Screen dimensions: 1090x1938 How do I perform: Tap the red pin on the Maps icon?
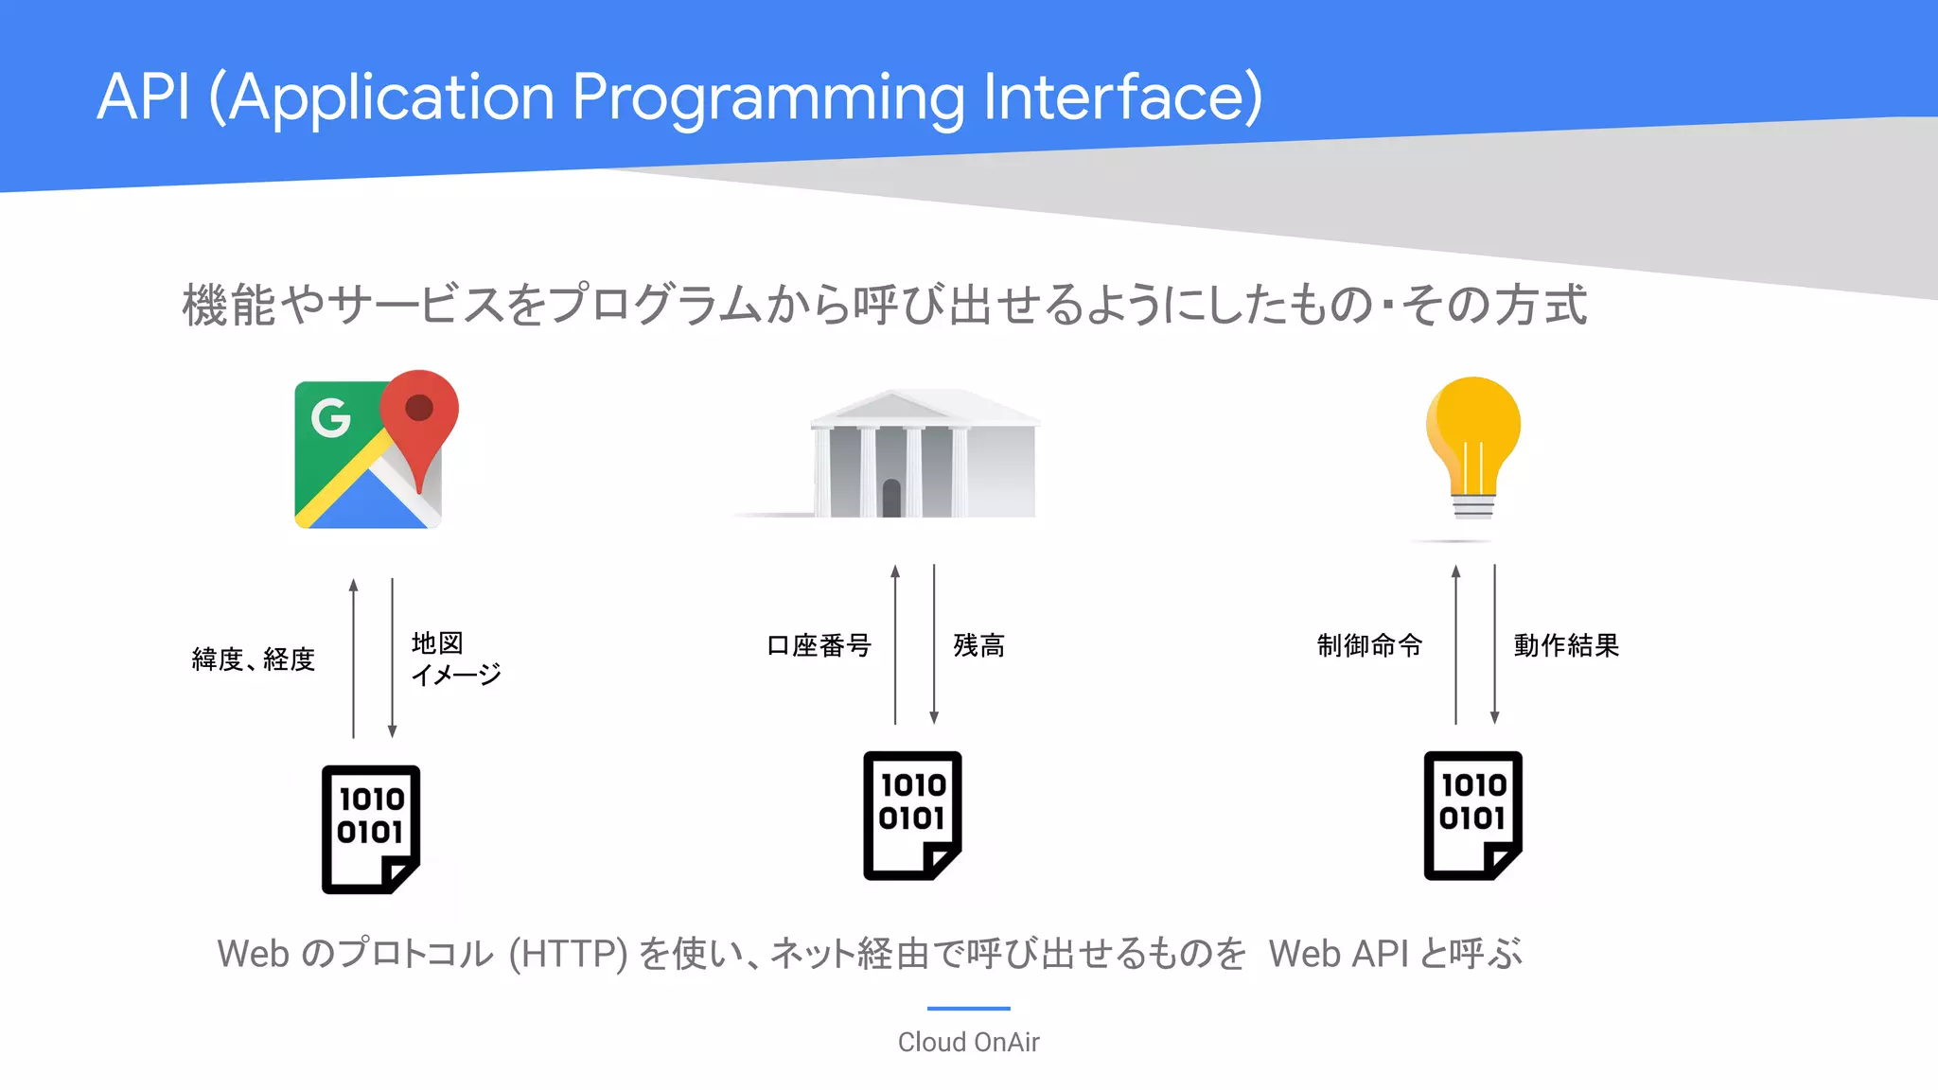click(x=419, y=416)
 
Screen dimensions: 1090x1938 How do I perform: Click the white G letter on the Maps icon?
click(x=330, y=417)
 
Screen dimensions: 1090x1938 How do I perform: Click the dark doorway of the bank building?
click(x=891, y=498)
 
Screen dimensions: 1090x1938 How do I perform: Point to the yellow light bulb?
click(x=1473, y=445)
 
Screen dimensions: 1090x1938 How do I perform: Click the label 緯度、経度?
click(x=253, y=659)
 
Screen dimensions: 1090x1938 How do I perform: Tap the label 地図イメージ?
click(x=455, y=659)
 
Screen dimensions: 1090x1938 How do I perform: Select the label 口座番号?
click(x=819, y=645)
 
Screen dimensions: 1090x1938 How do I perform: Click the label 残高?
click(x=978, y=645)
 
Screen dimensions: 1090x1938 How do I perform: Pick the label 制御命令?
click(x=1369, y=645)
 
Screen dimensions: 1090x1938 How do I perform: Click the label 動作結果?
click(x=1566, y=645)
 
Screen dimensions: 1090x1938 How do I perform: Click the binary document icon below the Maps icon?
click(x=371, y=829)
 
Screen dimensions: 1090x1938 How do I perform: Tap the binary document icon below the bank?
click(x=912, y=816)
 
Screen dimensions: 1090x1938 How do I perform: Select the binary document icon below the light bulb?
click(x=1473, y=816)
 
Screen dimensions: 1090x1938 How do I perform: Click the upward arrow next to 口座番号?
click(x=895, y=643)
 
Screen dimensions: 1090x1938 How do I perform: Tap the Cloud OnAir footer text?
click(x=968, y=1042)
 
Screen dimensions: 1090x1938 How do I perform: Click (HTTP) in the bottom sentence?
click(x=568, y=954)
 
